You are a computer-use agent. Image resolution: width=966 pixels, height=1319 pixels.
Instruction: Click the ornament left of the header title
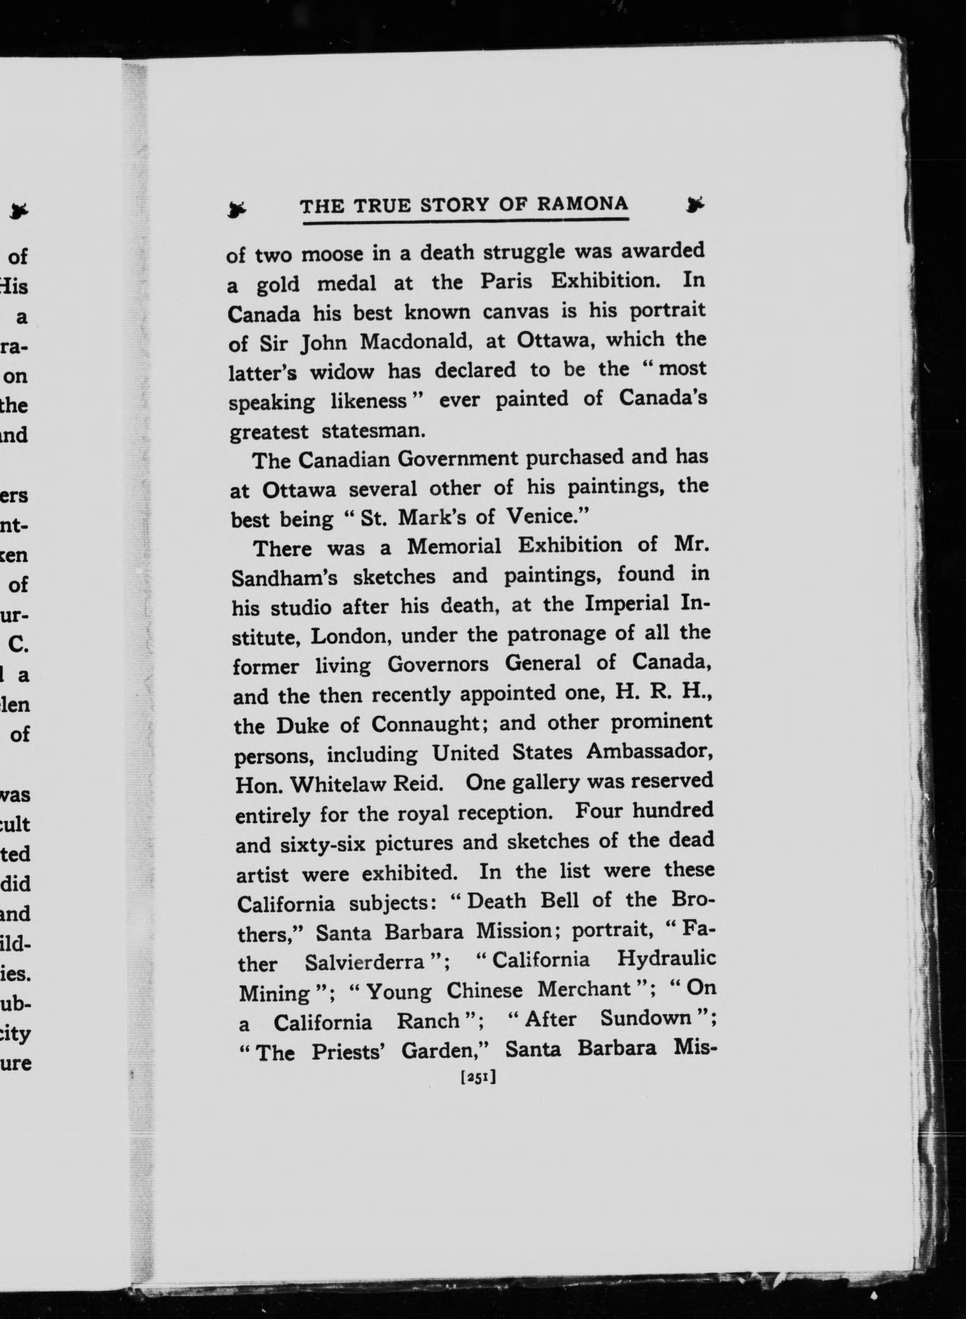tap(237, 208)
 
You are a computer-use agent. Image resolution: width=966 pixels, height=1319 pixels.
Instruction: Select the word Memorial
tap(454, 546)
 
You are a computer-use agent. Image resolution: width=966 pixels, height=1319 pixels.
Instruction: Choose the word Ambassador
tap(649, 752)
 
